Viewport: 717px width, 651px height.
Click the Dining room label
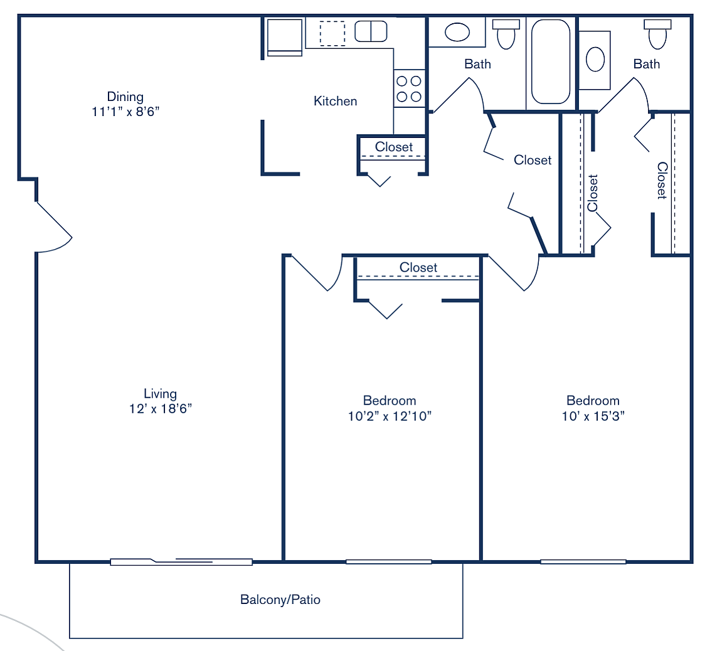pyautogui.click(x=125, y=97)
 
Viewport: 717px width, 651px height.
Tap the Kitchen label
pyautogui.click(x=335, y=101)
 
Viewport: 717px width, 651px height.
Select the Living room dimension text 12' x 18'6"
pyautogui.click(x=161, y=409)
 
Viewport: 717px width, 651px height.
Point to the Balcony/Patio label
pyautogui.click(x=280, y=600)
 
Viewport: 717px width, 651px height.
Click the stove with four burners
pyautogui.click(x=409, y=88)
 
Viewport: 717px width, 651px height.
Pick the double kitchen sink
pyautogui.click(x=371, y=31)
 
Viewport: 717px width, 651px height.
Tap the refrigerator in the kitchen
pyautogui.click(x=284, y=38)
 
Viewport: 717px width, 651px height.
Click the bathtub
pyautogui.click(x=551, y=61)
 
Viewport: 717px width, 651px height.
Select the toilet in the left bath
pyautogui.click(x=506, y=34)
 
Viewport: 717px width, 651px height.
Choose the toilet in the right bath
pyautogui.click(x=657, y=34)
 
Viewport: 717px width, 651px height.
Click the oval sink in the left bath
pyautogui.click(x=457, y=33)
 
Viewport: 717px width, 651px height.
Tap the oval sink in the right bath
pyautogui.click(x=595, y=60)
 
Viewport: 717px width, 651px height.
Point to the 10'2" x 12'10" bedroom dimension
pyautogui.click(x=390, y=416)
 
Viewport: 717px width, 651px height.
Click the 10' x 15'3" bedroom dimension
pyautogui.click(x=593, y=416)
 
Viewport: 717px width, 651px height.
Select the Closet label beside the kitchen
pyautogui.click(x=394, y=147)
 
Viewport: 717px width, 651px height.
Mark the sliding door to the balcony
pyautogui.click(x=181, y=562)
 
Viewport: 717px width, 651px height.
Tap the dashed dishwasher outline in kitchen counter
pyautogui.click(x=332, y=34)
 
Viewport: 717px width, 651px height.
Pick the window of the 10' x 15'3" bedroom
pyautogui.click(x=583, y=562)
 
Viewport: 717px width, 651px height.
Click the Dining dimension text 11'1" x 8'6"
pyautogui.click(x=125, y=112)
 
